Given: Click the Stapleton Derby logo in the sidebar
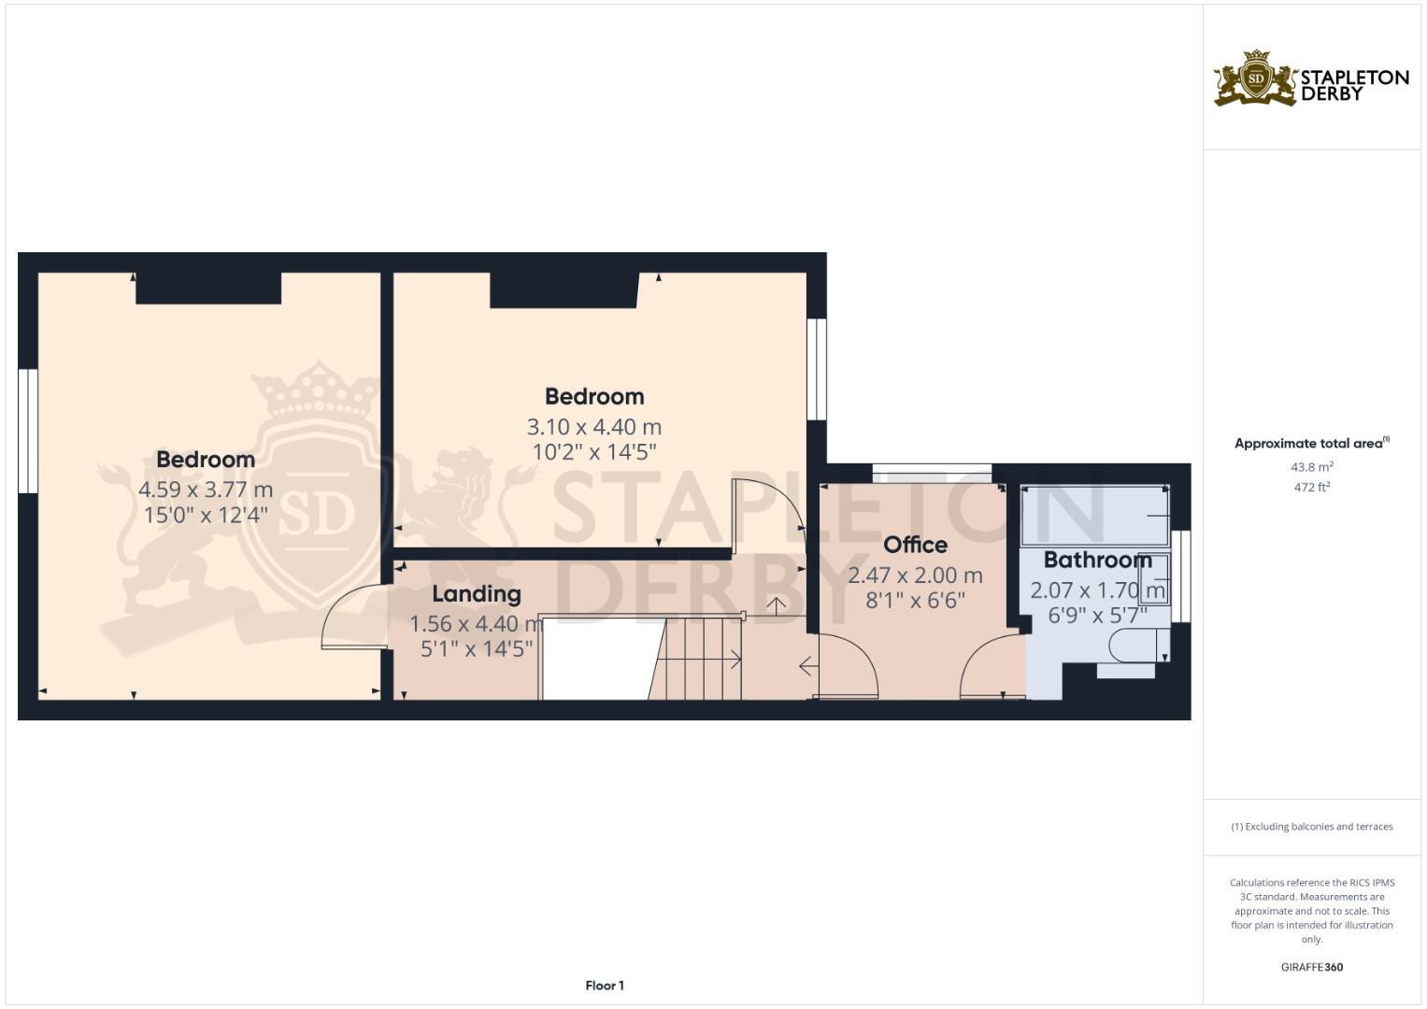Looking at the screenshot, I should (1310, 79).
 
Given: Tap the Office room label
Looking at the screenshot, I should (915, 545).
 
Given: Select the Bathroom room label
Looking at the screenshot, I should (1097, 560).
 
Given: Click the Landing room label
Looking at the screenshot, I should (476, 594).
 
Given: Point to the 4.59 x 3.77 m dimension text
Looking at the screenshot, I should (206, 489).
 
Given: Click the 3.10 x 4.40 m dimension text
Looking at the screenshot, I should (594, 427).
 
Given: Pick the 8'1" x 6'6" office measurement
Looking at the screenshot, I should (915, 601).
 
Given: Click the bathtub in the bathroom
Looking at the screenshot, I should (1094, 516).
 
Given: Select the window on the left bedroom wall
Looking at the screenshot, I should (28, 431).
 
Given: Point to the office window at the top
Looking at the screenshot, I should (932, 473).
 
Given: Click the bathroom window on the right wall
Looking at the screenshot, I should (1181, 576).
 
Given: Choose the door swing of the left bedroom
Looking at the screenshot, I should (352, 617).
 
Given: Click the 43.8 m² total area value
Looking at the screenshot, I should (1311, 466).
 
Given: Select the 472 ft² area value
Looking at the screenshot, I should (1311, 487).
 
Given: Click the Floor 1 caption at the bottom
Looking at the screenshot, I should (605, 986).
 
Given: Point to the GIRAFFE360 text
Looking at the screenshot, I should (1311, 967).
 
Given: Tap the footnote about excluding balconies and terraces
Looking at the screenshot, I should (1311, 827).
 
